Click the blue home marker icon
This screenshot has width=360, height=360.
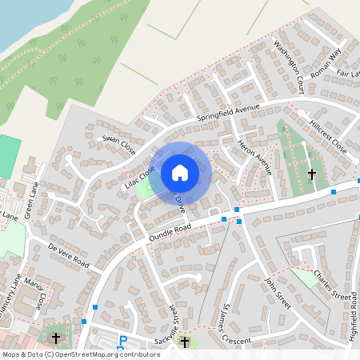click(x=180, y=172)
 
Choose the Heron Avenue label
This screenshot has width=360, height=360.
click(x=255, y=157)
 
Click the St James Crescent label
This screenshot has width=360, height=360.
click(x=229, y=323)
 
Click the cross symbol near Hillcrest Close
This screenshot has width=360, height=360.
click(x=312, y=173)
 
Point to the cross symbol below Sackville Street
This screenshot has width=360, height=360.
click(x=185, y=342)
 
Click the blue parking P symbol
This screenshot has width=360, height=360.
click(x=122, y=340)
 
